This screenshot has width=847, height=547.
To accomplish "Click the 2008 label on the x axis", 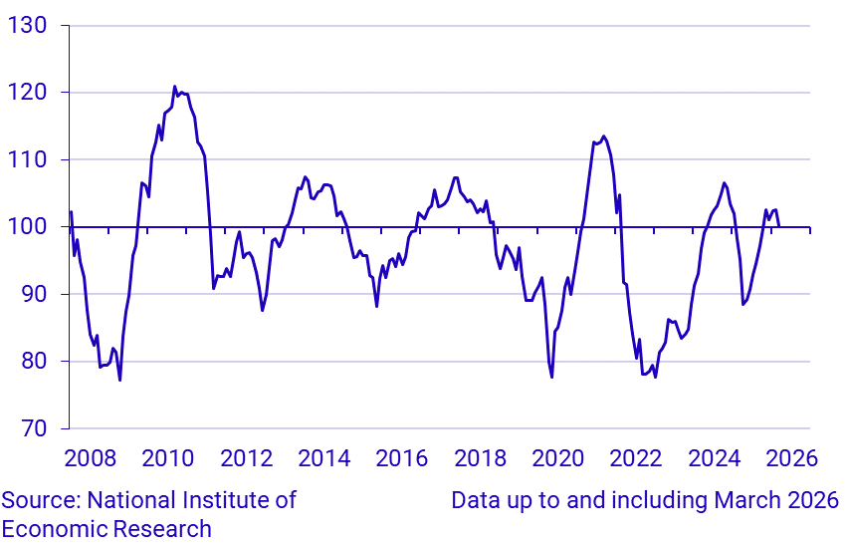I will coord(91,458).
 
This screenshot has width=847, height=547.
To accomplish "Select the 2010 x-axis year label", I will coord(168,458).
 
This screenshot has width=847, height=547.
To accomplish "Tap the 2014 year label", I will coord(323,458).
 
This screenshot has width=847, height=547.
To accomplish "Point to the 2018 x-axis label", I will coord(480,458).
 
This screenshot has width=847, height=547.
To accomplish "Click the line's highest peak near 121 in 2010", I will coord(174,87).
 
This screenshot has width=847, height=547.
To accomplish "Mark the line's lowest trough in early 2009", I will coord(119,380).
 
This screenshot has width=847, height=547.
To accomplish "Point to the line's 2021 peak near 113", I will coord(603,137).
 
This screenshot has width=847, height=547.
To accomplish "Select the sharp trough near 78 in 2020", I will coord(551,377).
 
